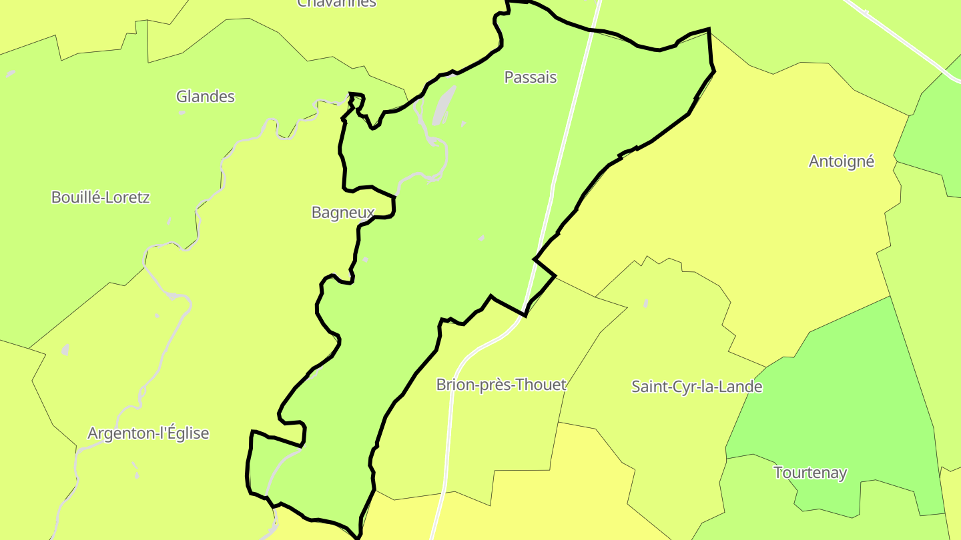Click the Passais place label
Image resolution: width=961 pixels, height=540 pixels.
[x=531, y=77]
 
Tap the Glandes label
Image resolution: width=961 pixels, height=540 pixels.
[x=206, y=97]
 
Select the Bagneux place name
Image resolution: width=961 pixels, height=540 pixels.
[x=343, y=212]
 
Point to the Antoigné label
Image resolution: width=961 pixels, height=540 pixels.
[x=842, y=161]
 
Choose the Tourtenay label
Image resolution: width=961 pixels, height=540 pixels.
[x=810, y=473]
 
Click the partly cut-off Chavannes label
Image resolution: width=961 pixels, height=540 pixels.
[x=336, y=3]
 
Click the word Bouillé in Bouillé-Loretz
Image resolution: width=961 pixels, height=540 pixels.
[x=73, y=197]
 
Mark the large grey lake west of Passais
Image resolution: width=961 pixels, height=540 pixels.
[x=444, y=105]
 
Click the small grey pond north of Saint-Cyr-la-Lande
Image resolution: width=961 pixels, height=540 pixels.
[x=646, y=303]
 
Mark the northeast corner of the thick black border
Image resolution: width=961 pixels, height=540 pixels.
[x=708, y=30]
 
